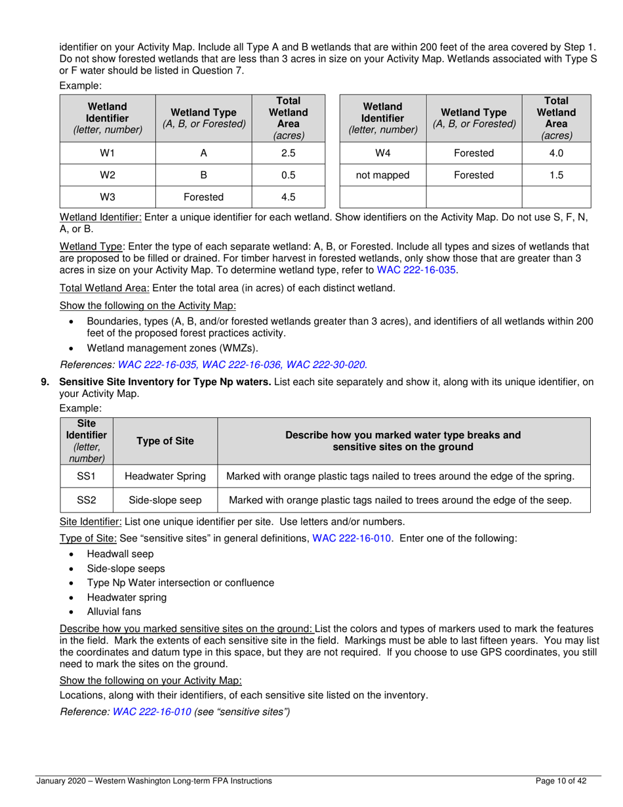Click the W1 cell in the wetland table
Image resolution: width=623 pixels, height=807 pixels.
click(108, 153)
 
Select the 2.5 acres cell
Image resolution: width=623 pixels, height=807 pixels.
click(288, 153)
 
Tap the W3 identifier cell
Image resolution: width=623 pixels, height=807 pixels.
click(108, 197)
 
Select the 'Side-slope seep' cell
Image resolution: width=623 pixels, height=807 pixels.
click(165, 500)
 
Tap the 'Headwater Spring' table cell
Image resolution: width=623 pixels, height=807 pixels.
click(165, 476)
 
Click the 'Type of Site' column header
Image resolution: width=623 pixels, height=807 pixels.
click(165, 441)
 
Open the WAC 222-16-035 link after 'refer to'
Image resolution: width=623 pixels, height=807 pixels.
click(416, 270)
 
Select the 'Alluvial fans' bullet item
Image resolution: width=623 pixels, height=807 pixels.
click(113, 611)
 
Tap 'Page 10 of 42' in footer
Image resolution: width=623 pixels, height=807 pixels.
click(560, 781)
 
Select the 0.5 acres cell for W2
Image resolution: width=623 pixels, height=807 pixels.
click(288, 175)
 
